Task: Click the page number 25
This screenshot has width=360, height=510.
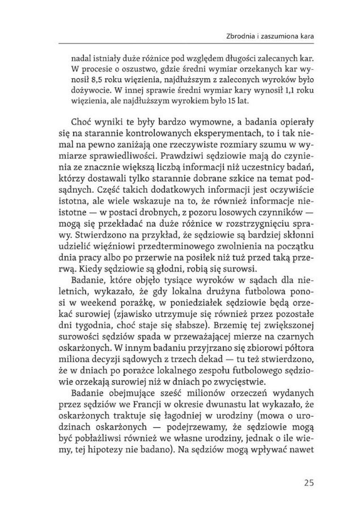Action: (309, 483)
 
